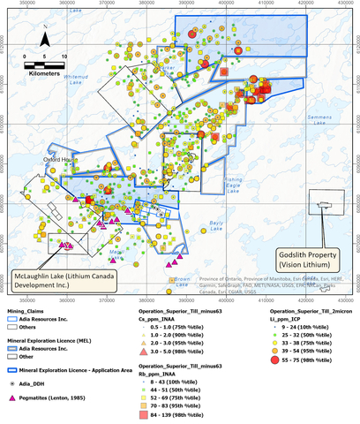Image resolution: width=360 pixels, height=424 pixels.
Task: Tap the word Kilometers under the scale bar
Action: coord(44,74)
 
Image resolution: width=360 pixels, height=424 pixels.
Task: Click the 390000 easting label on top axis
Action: coord(224,4)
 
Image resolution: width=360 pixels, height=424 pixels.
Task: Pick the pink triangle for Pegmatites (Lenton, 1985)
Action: coord(11,376)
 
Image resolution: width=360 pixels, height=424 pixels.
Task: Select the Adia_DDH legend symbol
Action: coord(11,361)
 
